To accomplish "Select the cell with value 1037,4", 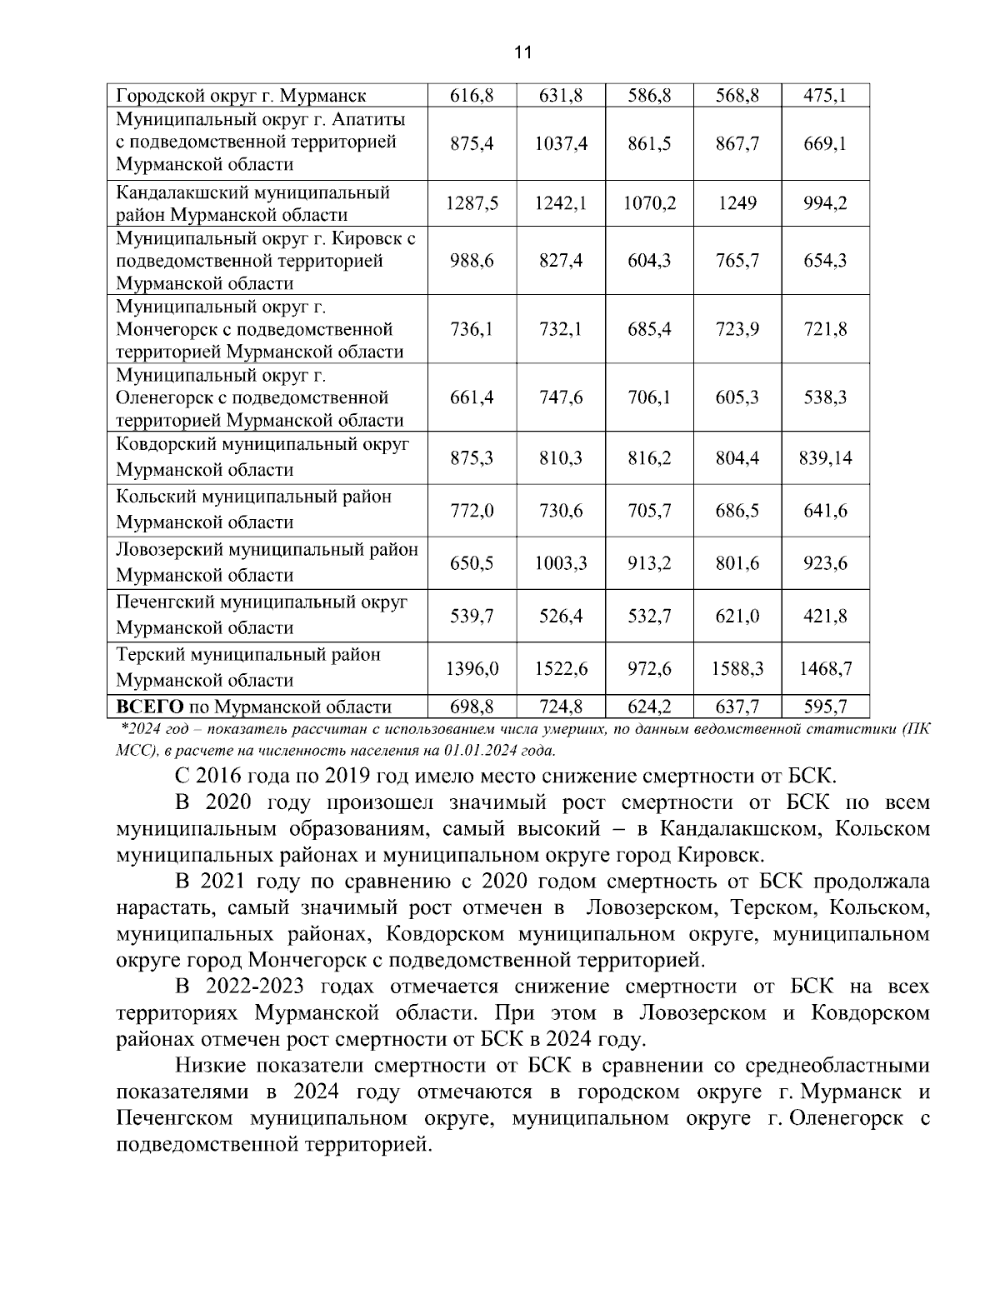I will click(x=561, y=144).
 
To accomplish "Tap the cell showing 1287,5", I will click(x=472, y=203).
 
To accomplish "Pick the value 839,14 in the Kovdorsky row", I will click(x=825, y=458).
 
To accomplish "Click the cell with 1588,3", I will click(x=737, y=669).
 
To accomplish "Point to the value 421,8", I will click(x=825, y=617).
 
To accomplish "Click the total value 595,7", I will click(x=825, y=707).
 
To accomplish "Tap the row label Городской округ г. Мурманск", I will click(x=241, y=96).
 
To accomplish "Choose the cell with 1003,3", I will click(x=561, y=564).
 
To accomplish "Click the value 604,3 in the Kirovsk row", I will click(x=649, y=261).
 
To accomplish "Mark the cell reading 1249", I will click(x=737, y=203).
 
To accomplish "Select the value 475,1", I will click(x=825, y=96).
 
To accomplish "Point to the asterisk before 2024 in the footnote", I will click(x=124, y=728).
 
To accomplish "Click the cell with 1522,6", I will click(x=561, y=669).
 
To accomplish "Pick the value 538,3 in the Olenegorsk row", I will click(x=825, y=397).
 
